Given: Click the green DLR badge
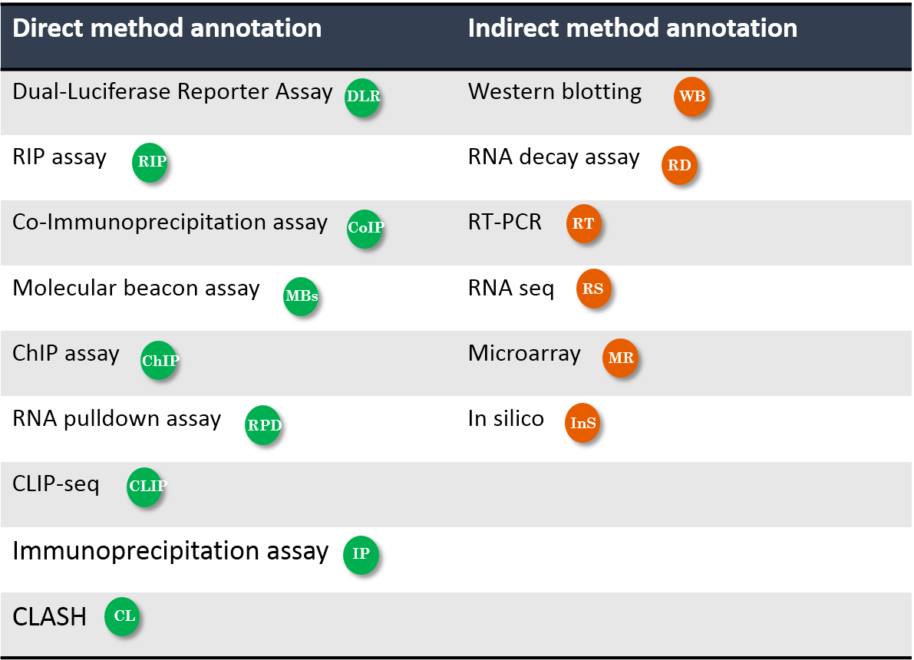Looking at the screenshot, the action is click(x=362, y=97).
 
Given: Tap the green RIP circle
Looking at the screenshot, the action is click(x=150, y=161).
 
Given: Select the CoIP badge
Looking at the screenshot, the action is click(x=365, y=228).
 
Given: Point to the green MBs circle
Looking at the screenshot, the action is click(x=301, y=296).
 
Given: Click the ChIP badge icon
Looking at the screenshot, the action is click(x=159, y=360).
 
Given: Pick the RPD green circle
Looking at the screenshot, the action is click(x=263, y=424).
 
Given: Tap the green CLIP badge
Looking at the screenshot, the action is click(x=144, y=487).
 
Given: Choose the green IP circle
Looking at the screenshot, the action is click(x=361, y=554).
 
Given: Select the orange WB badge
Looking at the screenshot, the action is click(x=691, y=96).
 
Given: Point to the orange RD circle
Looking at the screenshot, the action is click(x=679, y=165).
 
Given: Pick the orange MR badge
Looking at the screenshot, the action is click(x=620, y=357).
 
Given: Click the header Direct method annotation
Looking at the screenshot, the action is click(x=167, y=28).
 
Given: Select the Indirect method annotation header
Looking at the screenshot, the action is click(x=632, y=28).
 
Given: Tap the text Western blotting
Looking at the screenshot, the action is click(x=555, y=91).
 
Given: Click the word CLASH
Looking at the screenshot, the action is click(x=50, y=617).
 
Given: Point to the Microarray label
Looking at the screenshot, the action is click(x=525, y=354).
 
